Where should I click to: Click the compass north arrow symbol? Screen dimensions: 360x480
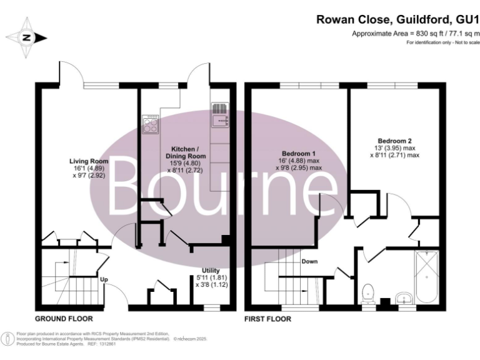[27, 37]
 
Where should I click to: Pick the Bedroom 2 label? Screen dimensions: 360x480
[394, 141]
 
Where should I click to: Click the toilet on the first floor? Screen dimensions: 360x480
[369, 292]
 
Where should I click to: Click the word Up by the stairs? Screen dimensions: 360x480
[104, 279]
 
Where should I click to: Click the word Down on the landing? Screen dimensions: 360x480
[309, 262]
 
